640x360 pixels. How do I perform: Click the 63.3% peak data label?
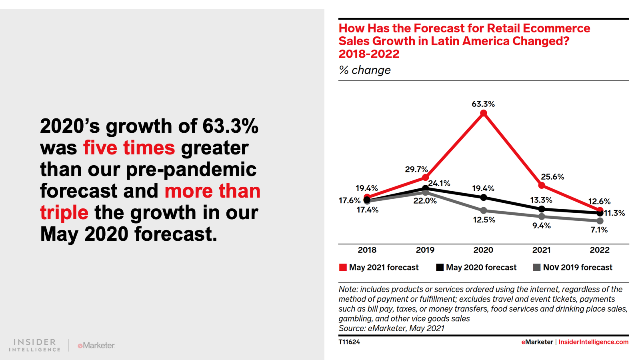(x=483, y=104)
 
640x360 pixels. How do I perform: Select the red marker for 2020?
(x=484, y=113)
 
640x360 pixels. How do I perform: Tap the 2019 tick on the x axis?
(x=425, y=250)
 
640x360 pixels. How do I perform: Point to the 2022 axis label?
(x=600, y=250)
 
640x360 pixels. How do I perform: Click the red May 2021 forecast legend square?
(x=343, y=268)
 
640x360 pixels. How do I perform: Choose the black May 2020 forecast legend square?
(x=440, y=268)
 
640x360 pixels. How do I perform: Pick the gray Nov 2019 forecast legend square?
(x=537, y=268)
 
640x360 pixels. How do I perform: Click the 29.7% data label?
(x=416, y=169)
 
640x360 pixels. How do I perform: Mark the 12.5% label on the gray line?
(x=484, y=220)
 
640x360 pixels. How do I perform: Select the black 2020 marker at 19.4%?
(x=484, y=198)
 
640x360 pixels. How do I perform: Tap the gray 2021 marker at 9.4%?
(x=542, y=216)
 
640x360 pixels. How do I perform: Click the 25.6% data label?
(x=552, y=177)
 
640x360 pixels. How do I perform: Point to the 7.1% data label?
(x=599, y=230)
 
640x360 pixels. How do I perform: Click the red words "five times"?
(x=129, y=148)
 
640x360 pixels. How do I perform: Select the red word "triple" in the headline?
(x=64, y=212)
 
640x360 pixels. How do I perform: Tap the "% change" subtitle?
(x=365, y=70)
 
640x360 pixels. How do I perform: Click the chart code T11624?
(x=349, y=342)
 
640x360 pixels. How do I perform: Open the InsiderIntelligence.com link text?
(x=593, y=342)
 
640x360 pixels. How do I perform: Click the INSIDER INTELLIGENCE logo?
(x=35, y=345)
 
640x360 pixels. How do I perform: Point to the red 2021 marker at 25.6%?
(x=542, y=185)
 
